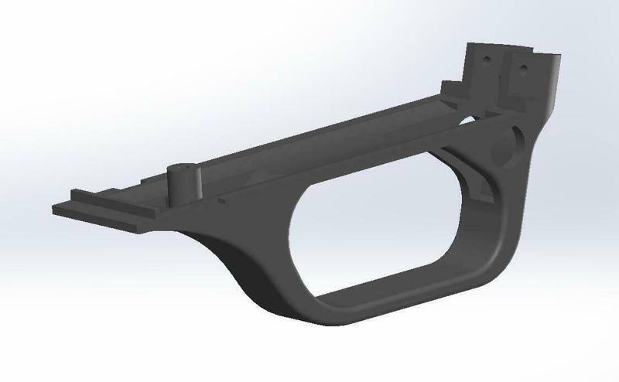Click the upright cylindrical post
coord(183,186)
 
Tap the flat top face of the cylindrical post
coord(184,169)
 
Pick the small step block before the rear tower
coord(449,87)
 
